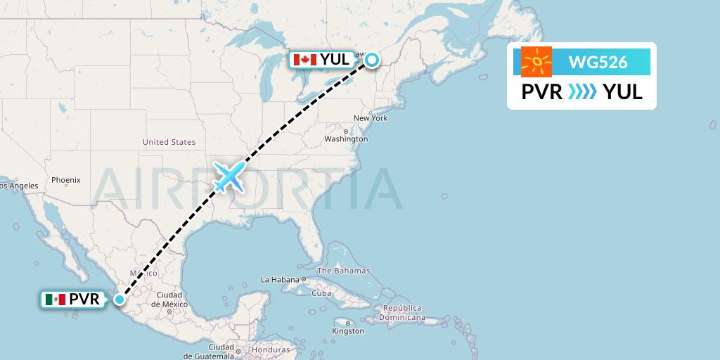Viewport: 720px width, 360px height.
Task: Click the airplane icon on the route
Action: [x=229, y=176]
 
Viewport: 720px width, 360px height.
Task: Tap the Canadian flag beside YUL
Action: [x=304, y=60]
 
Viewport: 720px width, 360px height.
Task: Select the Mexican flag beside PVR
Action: [x=55, y=300]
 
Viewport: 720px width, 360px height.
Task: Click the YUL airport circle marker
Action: [x=371, y=60]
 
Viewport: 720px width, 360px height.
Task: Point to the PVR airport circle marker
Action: [x=120, y=300]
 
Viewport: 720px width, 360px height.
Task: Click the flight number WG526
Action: [x=598, y=63]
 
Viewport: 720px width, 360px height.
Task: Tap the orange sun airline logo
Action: [x=536, y=62]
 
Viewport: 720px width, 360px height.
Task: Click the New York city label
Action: [x=371, y=118]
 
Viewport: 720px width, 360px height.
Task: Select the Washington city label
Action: [x=347, y=139]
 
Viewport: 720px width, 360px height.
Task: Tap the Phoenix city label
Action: [x=65, y=180]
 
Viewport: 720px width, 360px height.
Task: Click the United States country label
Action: [x=169, y=142]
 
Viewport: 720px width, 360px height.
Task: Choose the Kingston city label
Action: [x=349, y=330]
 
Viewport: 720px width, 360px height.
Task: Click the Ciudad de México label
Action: [x=170, y=299]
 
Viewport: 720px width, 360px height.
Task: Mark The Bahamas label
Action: [x=343, y=271]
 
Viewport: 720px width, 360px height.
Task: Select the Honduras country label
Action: [x=270, y=349]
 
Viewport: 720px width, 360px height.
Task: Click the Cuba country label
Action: [x=321, y=293]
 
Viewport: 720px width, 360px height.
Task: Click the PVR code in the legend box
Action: [x=541, y=92]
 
